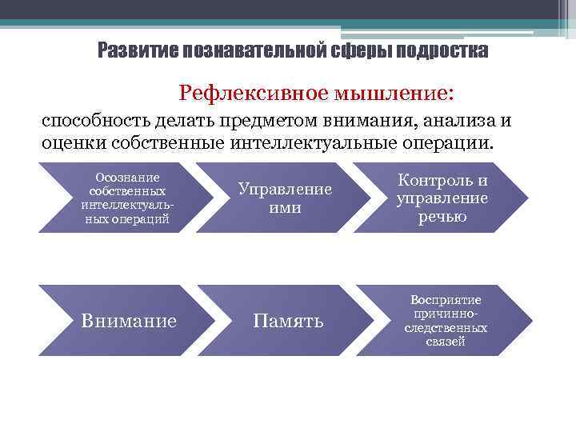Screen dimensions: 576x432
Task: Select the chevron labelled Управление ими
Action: [284, 198]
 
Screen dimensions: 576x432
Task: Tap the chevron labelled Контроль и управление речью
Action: [442, 198]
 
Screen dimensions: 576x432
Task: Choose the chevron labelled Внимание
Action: [128, 321]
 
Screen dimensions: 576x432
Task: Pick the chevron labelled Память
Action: [288, 321]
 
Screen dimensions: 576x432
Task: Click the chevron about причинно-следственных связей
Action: [445, 321]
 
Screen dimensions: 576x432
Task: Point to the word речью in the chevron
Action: [442, 217]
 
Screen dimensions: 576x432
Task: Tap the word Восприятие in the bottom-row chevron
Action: [446, 300]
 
